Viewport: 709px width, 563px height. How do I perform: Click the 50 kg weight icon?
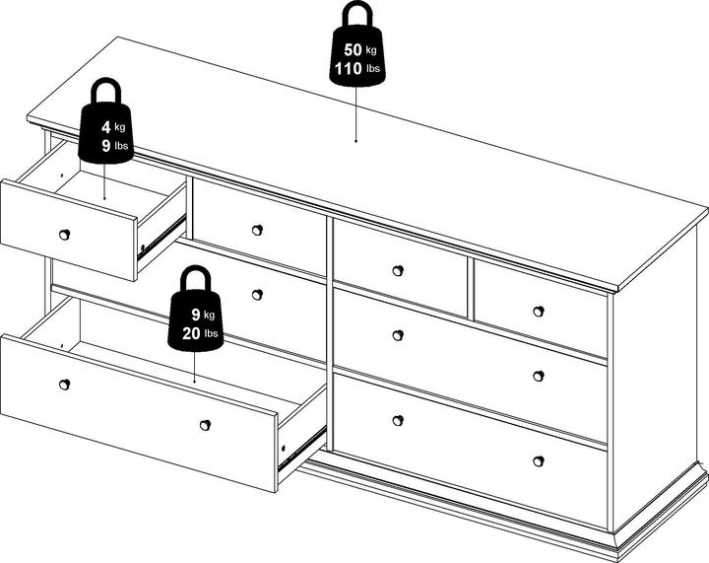(x=357, y=49)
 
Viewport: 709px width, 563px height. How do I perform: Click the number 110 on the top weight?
(x=349, y=69)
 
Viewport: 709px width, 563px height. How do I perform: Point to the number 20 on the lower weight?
(x=191, y=333)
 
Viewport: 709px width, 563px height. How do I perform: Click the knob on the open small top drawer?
(x=65, y=235)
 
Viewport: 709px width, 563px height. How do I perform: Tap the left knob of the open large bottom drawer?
(x=65, y=385)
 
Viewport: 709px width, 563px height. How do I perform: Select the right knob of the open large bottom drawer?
(x=205, y=425)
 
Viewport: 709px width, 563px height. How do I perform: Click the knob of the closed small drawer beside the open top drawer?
(x=257, y=230)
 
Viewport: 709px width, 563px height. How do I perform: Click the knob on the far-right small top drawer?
(x=538, y=312)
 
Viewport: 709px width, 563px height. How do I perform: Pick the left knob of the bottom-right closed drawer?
(x=398, y=420)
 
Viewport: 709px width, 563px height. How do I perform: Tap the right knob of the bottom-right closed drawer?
(x=538, y=461)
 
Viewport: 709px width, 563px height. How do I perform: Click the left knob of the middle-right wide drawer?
(x=398, y=335)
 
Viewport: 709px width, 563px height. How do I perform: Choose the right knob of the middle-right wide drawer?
(x=538, y=376)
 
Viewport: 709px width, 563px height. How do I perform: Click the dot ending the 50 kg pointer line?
(x=355, y=141)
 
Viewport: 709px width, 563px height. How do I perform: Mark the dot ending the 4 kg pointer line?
(x=104, y=198)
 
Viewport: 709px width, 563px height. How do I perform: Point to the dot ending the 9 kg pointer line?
(x=194, y=382)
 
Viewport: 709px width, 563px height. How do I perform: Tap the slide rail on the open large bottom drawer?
(x=301, y=447)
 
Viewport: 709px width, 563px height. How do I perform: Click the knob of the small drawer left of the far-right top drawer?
(x=398, y=270)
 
